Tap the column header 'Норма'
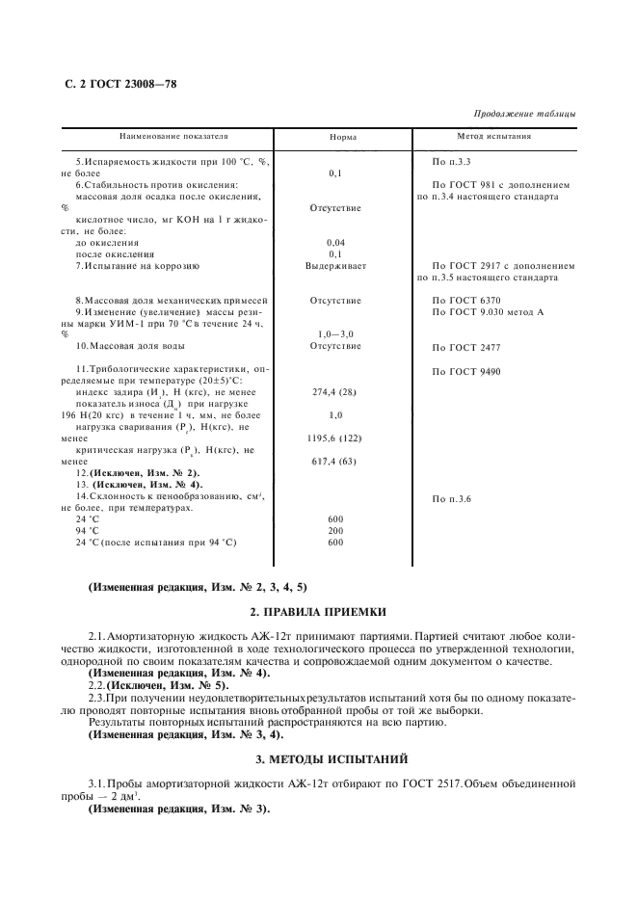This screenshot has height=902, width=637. pyautogui.click(x=343, y=138)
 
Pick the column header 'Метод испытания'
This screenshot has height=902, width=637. pyautogui.click(x=494, y=137)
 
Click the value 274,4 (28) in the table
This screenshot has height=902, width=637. pyautogui.click(x=335, y=392)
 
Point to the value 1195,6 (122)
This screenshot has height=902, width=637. pyautogui.click(x=335, y=438)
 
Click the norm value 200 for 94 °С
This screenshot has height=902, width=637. pyautogui.click(x=335, y=530)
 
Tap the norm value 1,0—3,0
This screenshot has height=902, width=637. pyautogui.click(x=335, y=333)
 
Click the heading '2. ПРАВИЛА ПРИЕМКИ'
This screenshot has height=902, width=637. pyautogui.click(x=318, y=612)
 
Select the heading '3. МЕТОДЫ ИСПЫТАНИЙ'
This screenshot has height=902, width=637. pyautogui.click(x=318, y=759)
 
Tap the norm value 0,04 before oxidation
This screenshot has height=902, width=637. pyautogui.click(x=335, y=242)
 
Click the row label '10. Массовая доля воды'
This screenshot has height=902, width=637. pyautogui.click(x=138, y=346)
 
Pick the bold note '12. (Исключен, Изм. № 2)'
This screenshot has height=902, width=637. pyautogui.click(x=138, y=473)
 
